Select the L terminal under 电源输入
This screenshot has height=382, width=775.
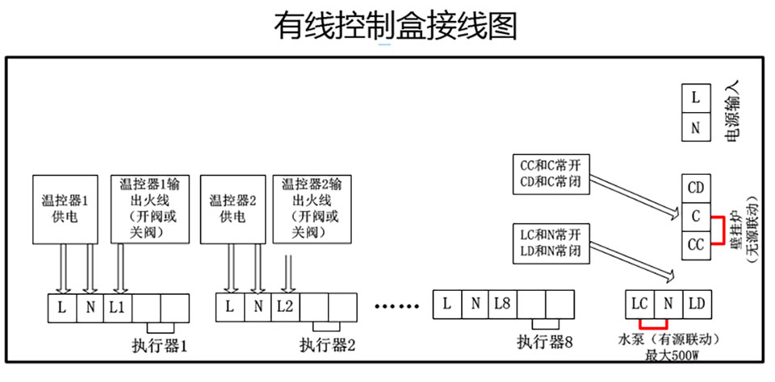click(696, 98)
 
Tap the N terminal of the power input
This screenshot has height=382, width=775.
click(696, 127)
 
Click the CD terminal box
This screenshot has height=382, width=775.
click(695, 189)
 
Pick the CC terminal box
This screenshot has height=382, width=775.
click(695, 244)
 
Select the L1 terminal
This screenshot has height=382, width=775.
click(118, 307)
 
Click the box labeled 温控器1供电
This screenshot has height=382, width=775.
click(64, 208)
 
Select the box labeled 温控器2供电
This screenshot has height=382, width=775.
click(232, 208)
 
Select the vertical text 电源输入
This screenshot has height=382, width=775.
click(734, 112)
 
